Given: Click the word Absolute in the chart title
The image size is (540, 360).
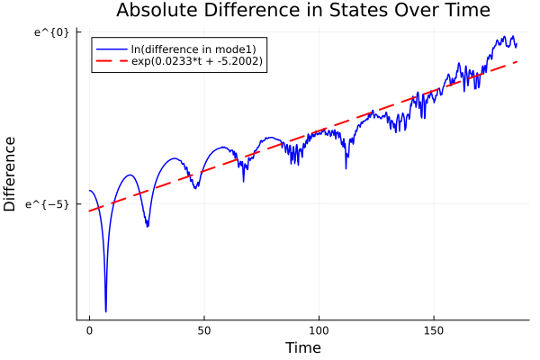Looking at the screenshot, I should coord(158,11).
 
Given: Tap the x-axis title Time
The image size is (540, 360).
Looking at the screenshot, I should coord(302,347).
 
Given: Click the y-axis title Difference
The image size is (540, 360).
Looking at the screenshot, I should coord(11,174).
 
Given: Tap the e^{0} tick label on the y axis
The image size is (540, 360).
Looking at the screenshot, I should coord(52,32).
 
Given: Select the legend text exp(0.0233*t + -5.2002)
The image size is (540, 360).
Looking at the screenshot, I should coord(197,61).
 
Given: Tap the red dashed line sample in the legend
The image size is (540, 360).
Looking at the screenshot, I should coord(112,61).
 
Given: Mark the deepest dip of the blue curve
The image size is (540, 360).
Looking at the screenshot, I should coord(105,311).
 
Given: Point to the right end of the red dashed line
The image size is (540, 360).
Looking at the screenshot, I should coord(517,62).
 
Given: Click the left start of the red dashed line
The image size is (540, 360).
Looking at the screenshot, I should coord(89,211).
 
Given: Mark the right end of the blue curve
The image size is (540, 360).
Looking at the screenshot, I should coord(517,45).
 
